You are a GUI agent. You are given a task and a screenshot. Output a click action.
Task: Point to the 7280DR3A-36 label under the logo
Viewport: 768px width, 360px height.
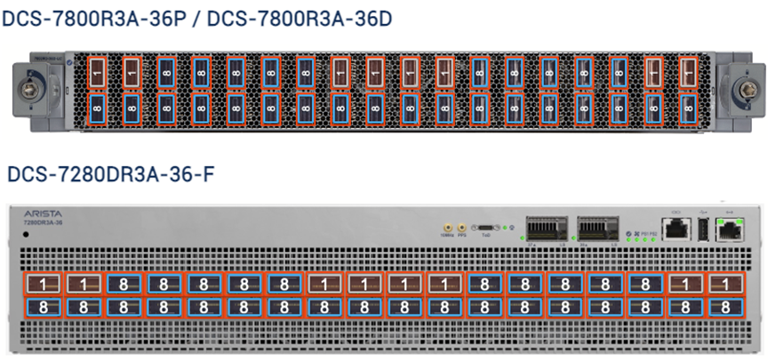click(x=42, y=223)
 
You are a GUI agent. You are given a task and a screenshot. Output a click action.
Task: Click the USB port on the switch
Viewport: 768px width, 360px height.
click(x=704, y=229)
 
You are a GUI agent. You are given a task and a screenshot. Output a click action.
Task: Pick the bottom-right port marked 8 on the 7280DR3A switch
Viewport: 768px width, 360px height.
click(x=728, y=308)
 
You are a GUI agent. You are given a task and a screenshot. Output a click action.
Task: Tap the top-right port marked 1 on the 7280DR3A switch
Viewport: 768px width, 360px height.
click(x=728, y=284)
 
